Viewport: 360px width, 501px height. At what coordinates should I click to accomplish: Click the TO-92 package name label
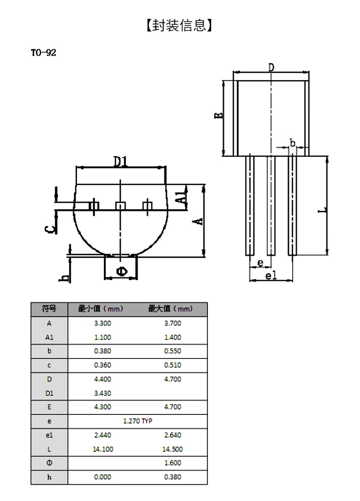[x=43, y=52]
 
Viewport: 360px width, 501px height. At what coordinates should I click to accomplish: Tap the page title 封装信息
[x=180, y=25]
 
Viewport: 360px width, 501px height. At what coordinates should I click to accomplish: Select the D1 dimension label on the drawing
[x=121, y=162]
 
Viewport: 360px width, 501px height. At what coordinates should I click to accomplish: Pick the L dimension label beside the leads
[x=323, y=210]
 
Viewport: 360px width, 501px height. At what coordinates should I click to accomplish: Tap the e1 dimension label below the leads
[x=271, y=275]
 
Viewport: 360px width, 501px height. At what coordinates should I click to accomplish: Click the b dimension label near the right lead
[x=292, y=143]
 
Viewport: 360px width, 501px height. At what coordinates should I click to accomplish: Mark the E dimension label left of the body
[x=218, y=115]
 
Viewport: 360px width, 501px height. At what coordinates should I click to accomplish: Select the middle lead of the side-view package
[x=271, y=206]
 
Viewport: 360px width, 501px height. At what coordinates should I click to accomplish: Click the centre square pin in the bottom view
[x=121, y=206]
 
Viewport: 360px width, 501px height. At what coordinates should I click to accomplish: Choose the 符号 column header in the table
[x=49, y=309]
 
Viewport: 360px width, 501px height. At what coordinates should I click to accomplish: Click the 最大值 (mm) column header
[x=170, y=309]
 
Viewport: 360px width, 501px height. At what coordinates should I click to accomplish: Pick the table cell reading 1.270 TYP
[x=138, y=421]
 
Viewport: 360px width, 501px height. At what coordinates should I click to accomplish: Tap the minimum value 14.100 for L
[x=103, y=449]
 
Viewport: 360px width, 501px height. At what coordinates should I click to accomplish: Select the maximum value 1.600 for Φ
[x=173, y=463]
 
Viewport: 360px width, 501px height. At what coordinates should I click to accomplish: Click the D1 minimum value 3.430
[x=103, y=394]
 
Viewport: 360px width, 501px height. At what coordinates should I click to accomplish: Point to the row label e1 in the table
[x=49, y=435]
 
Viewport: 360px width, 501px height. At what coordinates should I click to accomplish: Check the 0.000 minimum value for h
[x=103, y=477]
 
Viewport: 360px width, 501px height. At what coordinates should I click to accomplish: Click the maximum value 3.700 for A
[x=173, y=323]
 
